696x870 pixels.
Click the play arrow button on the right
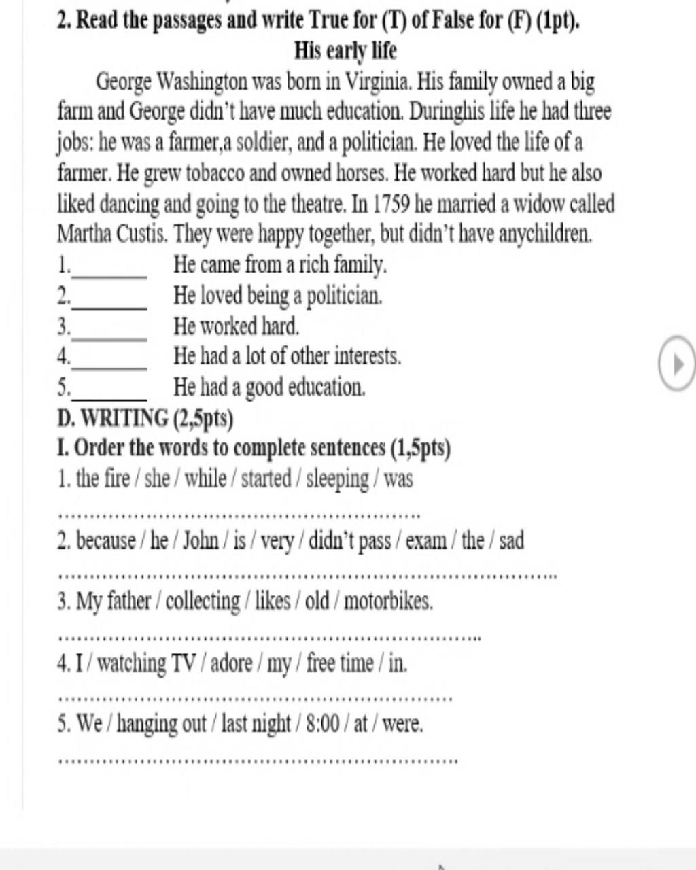tap(677, 365)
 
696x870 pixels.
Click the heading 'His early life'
tap(345, 51)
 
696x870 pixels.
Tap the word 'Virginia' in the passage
tap(378, 82)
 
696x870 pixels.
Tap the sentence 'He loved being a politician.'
tap(278, 296)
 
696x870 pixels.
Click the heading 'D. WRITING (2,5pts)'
tap(145, 418)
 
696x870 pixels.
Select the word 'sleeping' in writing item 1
tap(338, 479)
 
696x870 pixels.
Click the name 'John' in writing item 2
tap(201, 541)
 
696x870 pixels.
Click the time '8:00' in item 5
tap(322, 724)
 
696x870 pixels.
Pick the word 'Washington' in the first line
tap(203, 82)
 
